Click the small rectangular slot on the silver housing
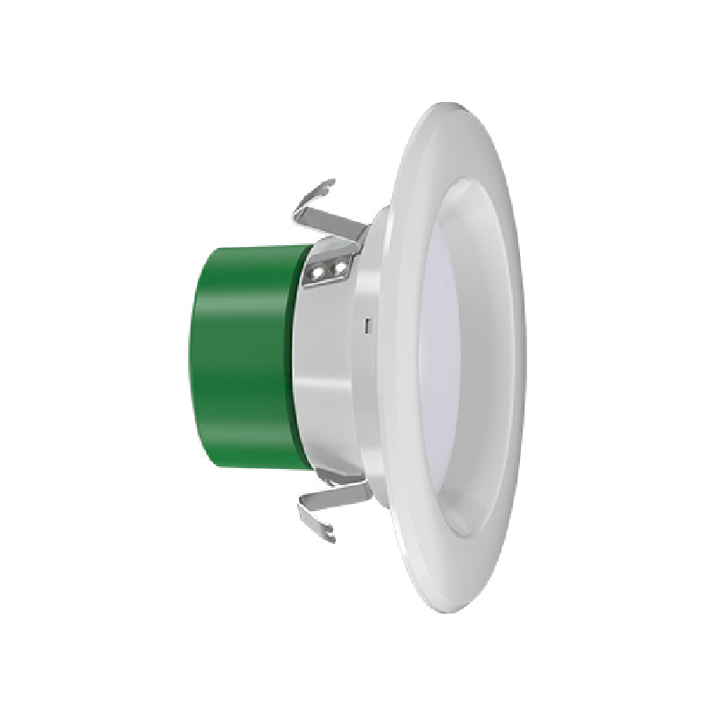click(368, 325)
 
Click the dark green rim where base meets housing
click(301, 358)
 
